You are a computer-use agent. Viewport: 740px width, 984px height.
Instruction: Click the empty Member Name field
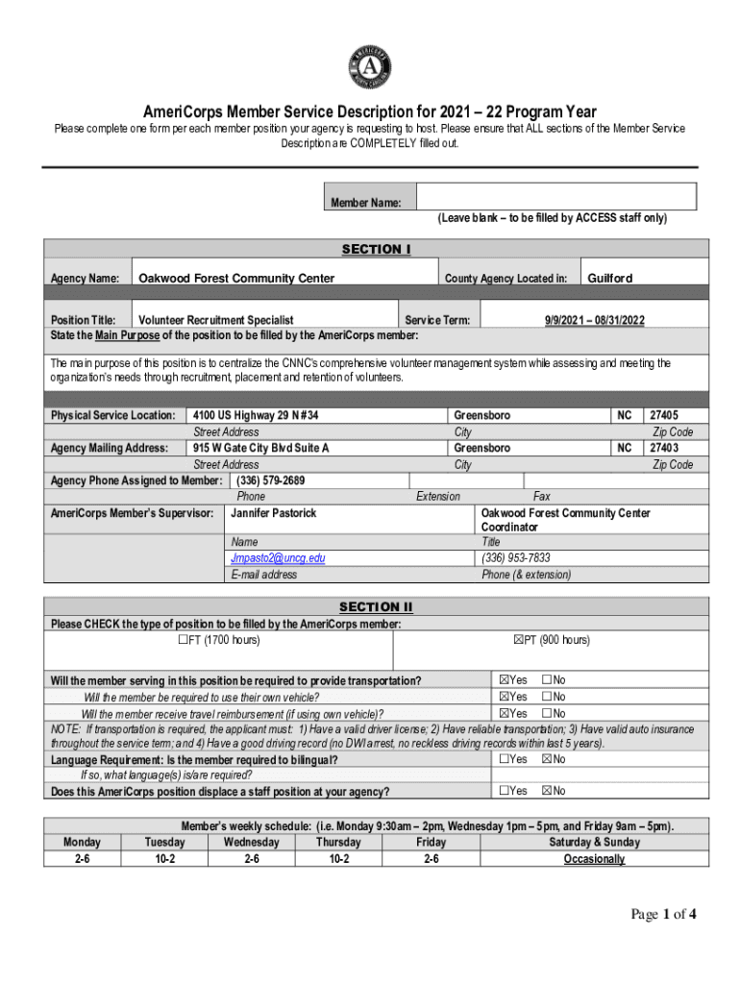(x=555, y=197)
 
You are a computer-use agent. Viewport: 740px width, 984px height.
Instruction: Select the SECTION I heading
(x=376, y=250)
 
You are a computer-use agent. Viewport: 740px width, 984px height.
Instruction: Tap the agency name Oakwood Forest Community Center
(x=236, y=279)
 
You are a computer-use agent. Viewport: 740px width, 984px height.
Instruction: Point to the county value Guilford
(x=610, y=279)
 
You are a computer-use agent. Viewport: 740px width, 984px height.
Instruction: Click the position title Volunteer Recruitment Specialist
(x=216, y=320)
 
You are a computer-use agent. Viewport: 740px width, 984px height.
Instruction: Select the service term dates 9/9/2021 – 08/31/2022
(x=593, y=320)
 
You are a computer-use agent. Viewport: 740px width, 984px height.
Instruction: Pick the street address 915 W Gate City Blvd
(x=260, y=449)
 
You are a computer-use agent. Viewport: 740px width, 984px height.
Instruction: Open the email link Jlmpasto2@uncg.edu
(x=278, y=558)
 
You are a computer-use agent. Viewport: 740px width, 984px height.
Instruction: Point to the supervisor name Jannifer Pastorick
(x=274, y=514)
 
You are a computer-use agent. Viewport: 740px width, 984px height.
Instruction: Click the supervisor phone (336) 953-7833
(x=516, y=558)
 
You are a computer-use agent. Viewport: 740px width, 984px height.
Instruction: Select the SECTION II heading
(x=376, y=607)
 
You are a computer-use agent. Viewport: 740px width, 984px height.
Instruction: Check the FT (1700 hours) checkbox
(x=184, y=640)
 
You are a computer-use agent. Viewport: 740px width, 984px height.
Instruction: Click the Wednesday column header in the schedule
(x=251, y=843)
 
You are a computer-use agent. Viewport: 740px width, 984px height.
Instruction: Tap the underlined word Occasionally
(x=594, y=859)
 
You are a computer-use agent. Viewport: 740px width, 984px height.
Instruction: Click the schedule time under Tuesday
(x=164, y=859)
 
